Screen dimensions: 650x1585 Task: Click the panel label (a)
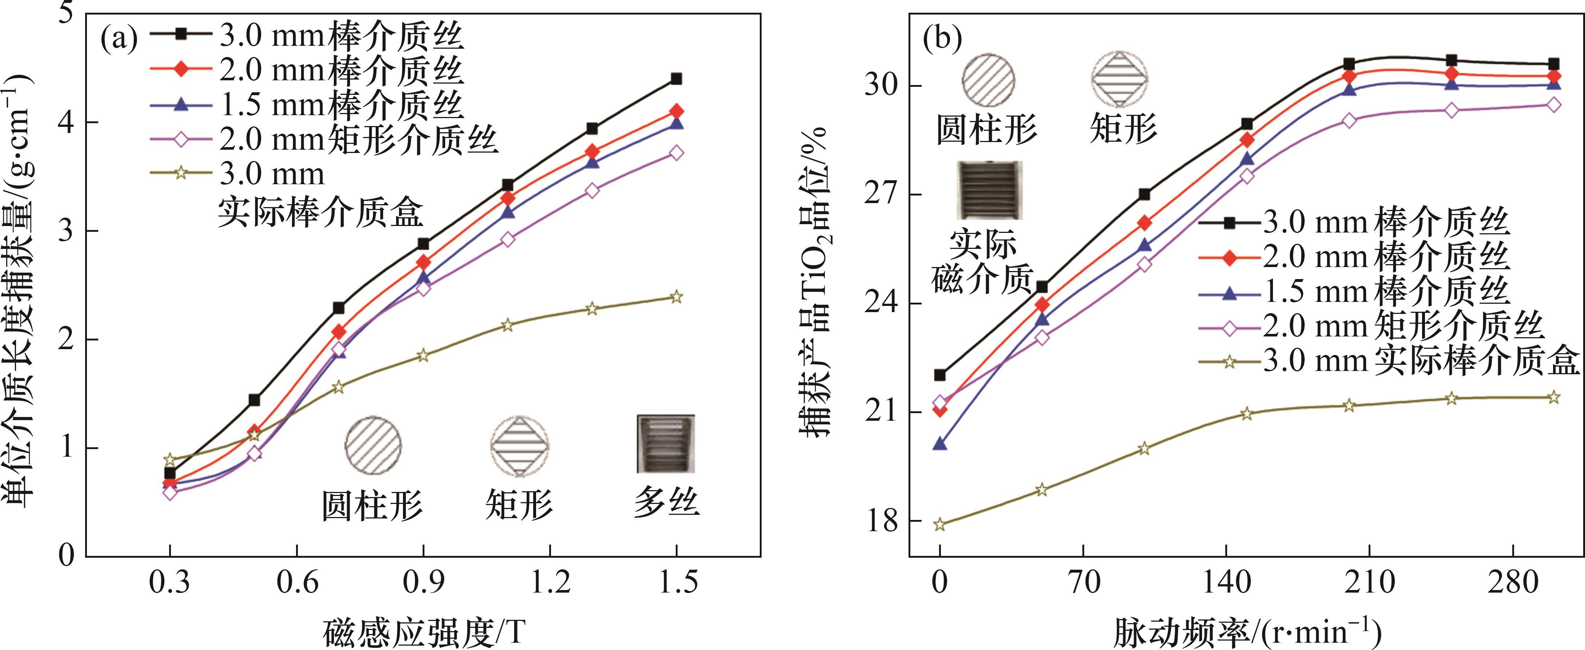pos(119,40)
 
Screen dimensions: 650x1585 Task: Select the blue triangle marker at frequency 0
pos(939,443)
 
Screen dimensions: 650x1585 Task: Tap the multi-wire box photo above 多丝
pos(666,443)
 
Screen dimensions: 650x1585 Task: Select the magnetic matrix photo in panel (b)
pos(989,191)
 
